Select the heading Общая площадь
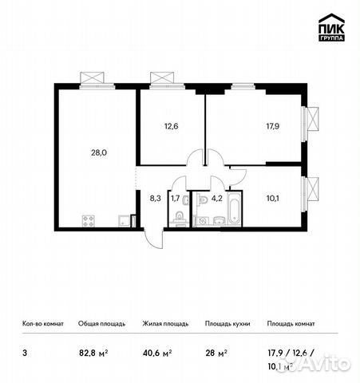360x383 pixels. point(101,324)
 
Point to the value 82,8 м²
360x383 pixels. point(93,349)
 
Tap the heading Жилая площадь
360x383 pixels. point(165,324)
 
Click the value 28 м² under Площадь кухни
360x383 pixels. point(216,349)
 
